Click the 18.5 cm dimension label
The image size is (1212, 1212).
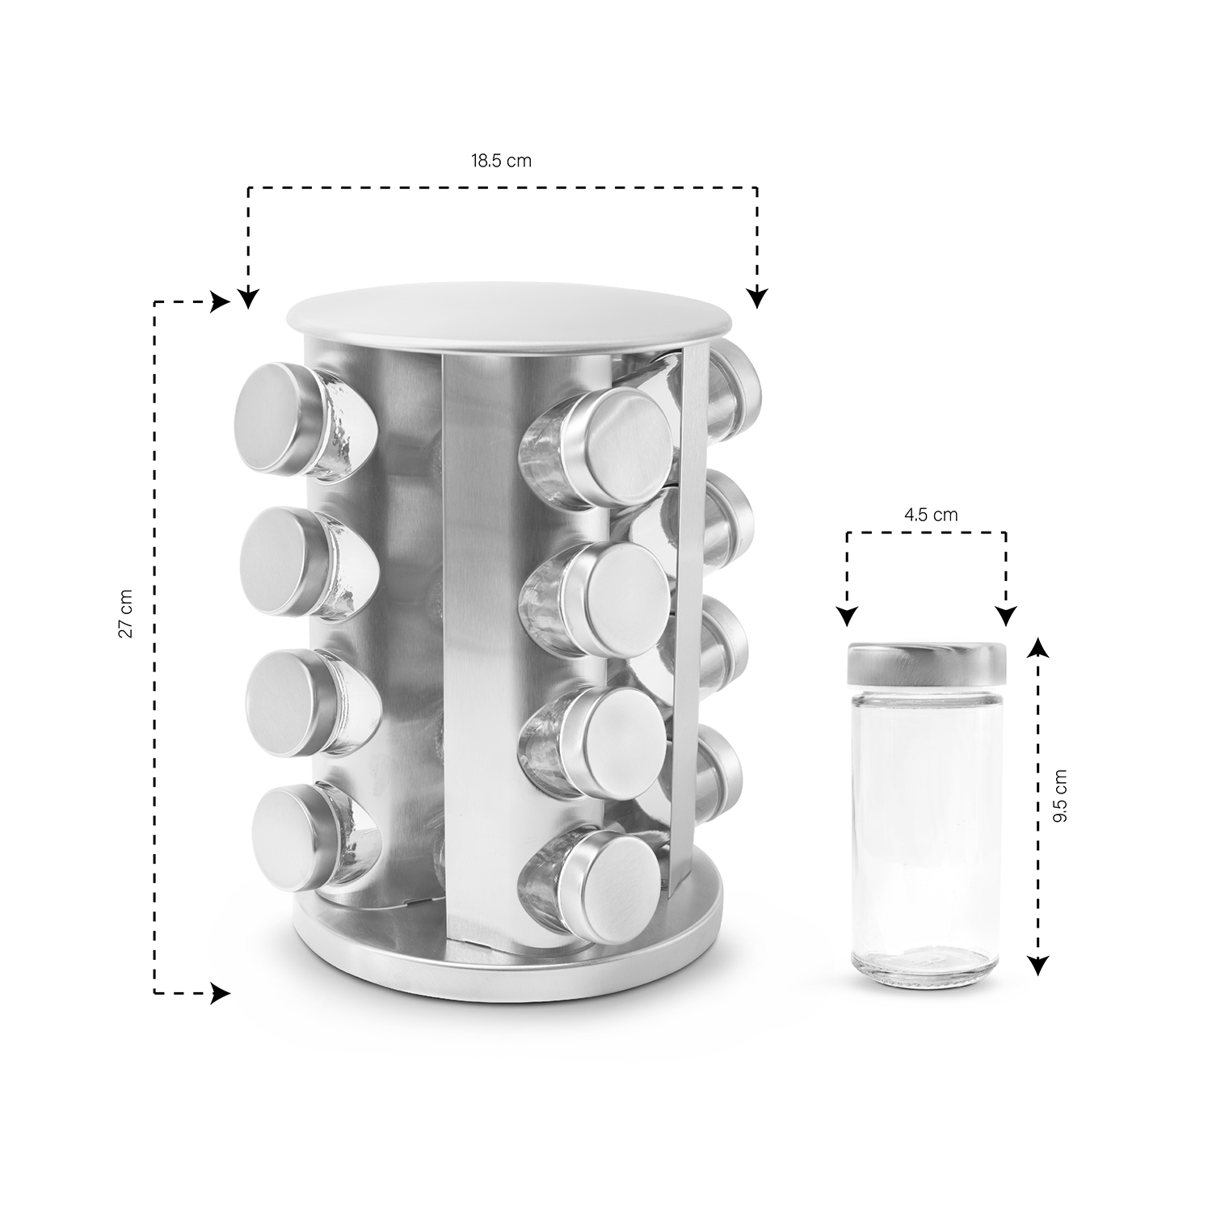pos(501,160)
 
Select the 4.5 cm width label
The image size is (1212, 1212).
pos(932,515)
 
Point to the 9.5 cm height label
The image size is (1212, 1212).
pos(1060,796)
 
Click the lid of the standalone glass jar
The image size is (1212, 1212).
pos(927,662)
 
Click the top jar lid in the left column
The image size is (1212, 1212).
pos(272,418)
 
